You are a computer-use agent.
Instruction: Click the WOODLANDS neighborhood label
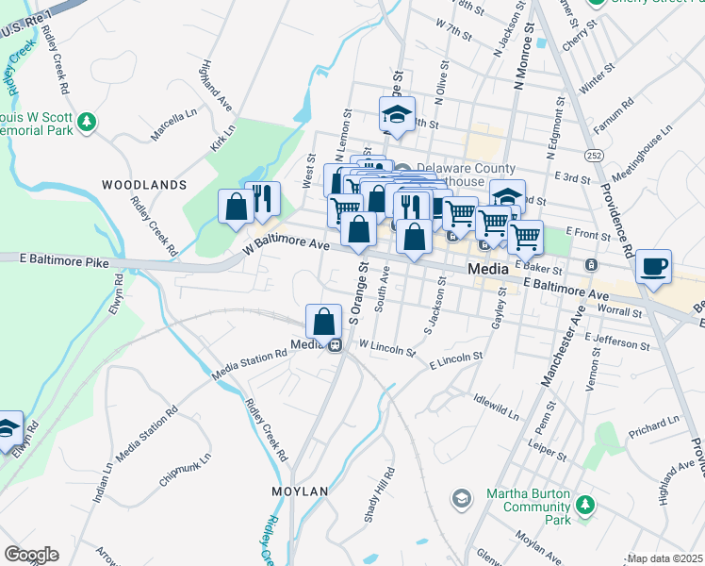[x=144, y=185]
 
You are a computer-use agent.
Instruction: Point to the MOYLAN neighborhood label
[x=300, y=491]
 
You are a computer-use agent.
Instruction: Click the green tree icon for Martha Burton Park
[x=585, y=506]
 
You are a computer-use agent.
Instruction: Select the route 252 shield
[x=592, y=154]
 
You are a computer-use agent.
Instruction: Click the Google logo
[x=30, y=554]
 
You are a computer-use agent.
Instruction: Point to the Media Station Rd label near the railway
[x=248, y=363]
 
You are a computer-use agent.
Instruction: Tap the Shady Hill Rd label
[x=374, y=500]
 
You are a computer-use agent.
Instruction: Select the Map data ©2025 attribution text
[x=664, y=558]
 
